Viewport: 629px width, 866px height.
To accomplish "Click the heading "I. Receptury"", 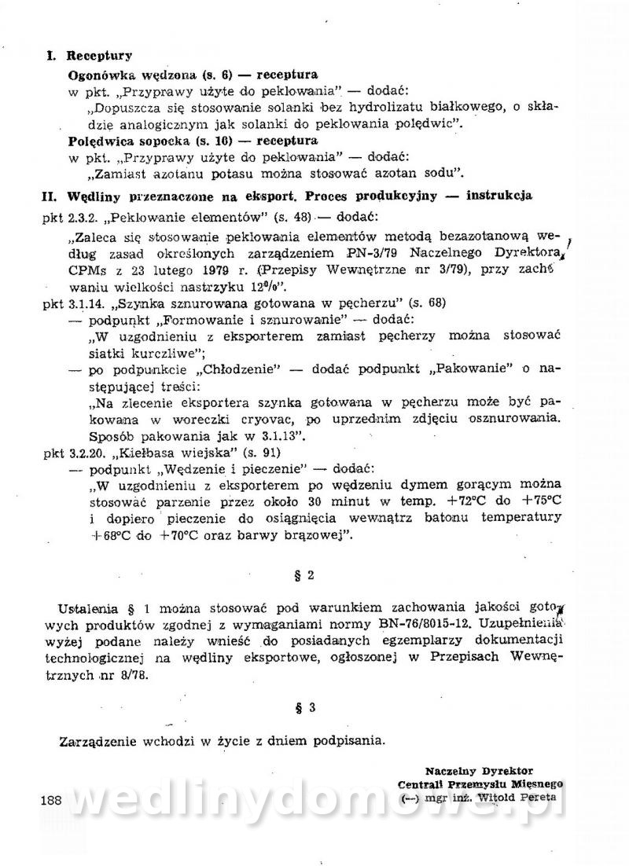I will click(89, 56).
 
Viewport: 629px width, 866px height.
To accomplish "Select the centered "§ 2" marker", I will click(307, 574).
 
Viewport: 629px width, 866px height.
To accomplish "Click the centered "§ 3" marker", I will click(307, 707).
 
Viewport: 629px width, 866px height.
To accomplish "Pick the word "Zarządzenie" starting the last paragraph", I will click(97, 740).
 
